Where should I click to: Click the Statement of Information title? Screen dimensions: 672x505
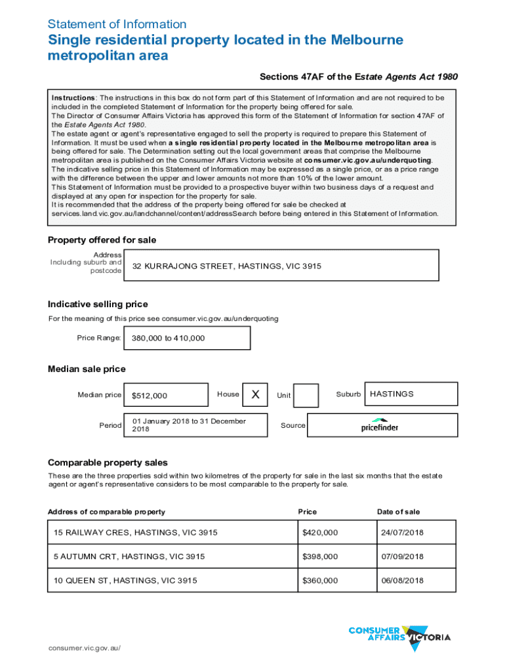(x=117, y=24)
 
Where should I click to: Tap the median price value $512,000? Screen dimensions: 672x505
(x=165, y=395)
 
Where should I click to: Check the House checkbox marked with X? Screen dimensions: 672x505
(x=256, y=394)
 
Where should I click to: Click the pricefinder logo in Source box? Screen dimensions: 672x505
(x=380, y=425)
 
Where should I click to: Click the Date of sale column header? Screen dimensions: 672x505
(x=398, y=512)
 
